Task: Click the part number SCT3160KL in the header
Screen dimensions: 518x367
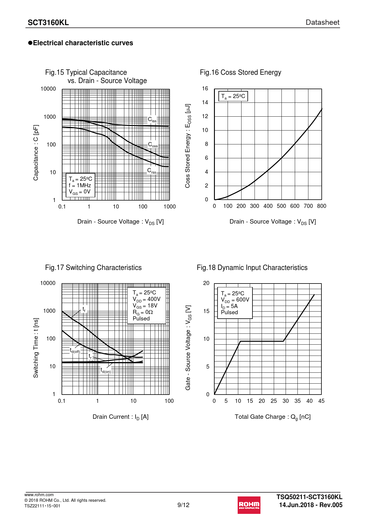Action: (48, 23)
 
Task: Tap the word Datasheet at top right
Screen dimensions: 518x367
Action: (322, 22)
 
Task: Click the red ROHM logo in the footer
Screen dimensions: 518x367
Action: (249, 505)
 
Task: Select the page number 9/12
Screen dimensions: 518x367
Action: (183, 505)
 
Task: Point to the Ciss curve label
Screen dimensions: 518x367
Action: (152, 120)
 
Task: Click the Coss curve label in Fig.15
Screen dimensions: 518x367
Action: (153, 145)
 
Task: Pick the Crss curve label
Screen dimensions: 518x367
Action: (152, 171)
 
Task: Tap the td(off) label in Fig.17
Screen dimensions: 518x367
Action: (75, 351)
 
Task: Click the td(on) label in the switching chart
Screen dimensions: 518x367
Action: (106, 370)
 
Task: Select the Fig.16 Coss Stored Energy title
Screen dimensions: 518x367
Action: (240, 72)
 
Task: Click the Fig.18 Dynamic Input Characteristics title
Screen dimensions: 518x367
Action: (252, 268)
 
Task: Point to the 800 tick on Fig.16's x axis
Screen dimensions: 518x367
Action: (321, 206)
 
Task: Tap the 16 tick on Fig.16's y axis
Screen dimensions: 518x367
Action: (205, 89)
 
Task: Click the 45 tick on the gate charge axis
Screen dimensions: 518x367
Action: (321, 401)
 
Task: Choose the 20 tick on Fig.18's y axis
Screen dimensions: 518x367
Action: (206, 283)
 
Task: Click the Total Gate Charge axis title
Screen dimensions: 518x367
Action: (273, 417)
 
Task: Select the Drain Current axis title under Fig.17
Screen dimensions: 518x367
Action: (120, 417)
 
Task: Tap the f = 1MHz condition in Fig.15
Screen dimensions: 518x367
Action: (80, 185)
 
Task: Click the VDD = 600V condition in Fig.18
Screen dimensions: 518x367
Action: (235, 300)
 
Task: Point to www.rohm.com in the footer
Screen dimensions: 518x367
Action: (39, 495)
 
